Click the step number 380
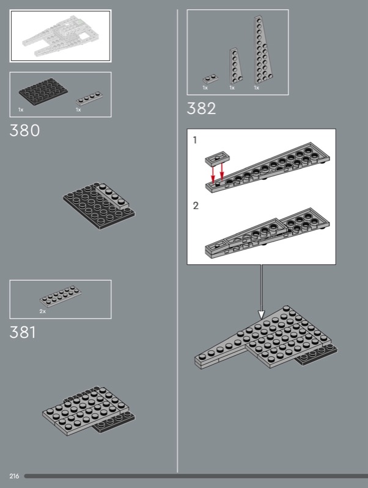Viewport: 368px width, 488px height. (25, 131)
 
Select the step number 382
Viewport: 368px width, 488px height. (202, 109)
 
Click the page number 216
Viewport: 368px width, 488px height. (14, 475)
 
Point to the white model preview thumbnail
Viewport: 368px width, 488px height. (59, 35)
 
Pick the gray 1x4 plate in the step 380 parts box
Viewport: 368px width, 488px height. (89, 98)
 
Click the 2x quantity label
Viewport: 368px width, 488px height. (43, 311)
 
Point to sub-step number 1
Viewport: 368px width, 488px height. (195, 140)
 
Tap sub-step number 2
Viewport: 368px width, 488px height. (196, 206)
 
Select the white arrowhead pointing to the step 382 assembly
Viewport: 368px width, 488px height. (261, 314)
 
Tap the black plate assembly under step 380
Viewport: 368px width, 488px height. (100, 206)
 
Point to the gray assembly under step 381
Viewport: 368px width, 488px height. (89, 409)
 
